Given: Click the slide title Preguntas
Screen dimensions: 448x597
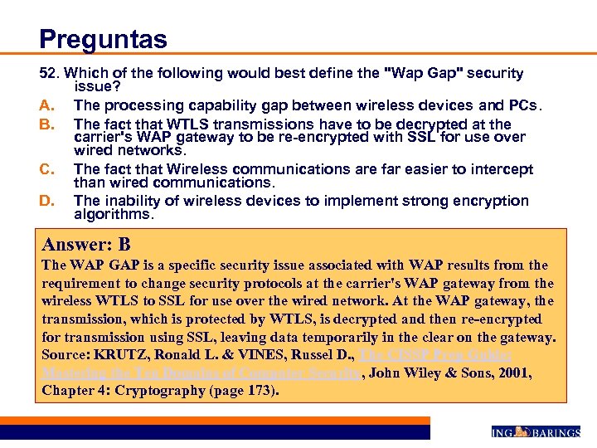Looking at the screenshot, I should (103, 38).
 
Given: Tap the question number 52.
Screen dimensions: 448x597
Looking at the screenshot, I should (49, 74).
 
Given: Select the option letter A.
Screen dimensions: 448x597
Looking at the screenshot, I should (46, 105).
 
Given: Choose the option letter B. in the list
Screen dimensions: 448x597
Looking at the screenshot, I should (46, 124).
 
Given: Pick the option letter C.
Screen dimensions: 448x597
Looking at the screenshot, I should (47, 169).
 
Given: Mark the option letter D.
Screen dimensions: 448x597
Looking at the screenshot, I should (47, 201).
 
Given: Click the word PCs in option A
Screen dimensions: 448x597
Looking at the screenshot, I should (526, 105).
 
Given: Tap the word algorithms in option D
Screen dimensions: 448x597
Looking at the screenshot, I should (113, 214).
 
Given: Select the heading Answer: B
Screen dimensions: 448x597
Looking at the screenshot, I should (86, 245).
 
